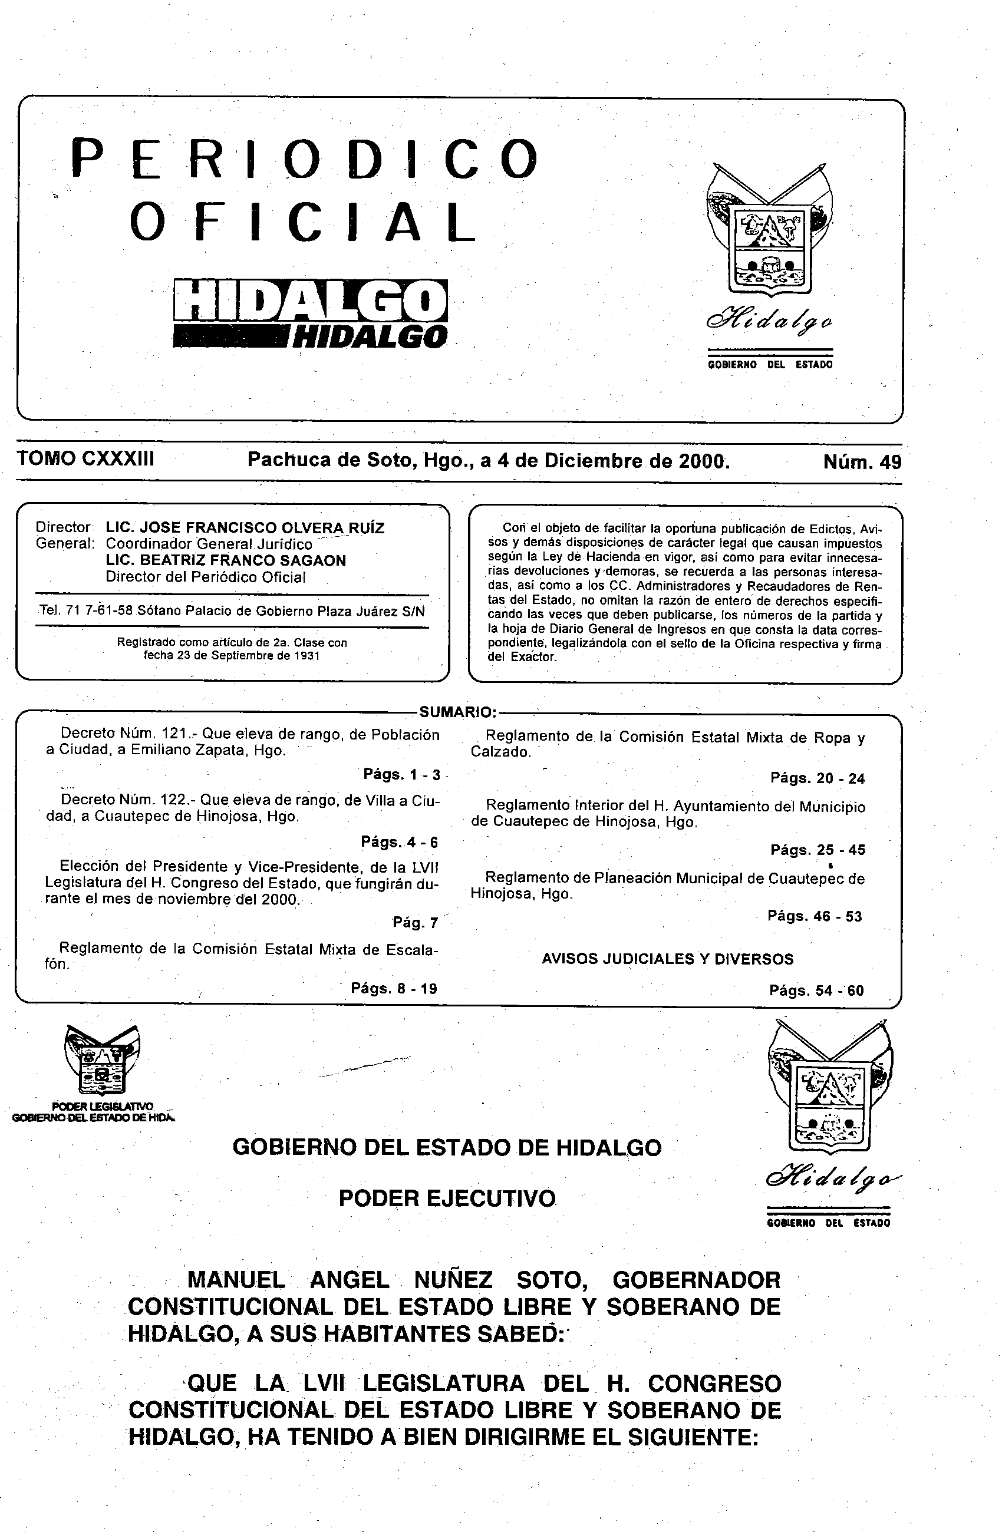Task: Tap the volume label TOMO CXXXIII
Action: click(x=85, y=459)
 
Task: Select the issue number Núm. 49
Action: click(x=862, y=462)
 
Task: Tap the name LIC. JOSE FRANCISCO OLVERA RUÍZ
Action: click(x=245, y=528)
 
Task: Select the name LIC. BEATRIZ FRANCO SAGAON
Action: click(x=225, y=560)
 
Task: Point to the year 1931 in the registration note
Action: click(x=307, y=656)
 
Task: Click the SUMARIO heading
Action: click(x=457, y=712)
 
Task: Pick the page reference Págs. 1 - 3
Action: click(x=401, y=774)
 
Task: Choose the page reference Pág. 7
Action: click(x=416, y=922)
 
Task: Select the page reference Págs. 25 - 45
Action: click(x=817, y=850)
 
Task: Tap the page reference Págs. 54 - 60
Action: click(x=816, y=990)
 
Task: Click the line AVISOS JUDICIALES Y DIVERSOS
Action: click(x=667, y=959)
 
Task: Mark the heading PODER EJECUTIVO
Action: click(x=447, y=1198)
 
